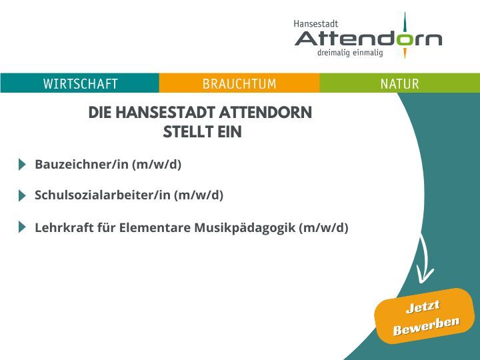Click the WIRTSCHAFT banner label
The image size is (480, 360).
click(81, 83)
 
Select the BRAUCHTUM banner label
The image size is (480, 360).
click(239, 83)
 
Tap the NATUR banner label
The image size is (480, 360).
click(399, 83)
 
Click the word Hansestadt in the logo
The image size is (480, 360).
click(315, 23)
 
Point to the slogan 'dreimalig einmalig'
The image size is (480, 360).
click(350, 53)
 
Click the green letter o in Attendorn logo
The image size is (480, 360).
click(405, 39)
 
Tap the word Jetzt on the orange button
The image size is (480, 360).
click(423, 307)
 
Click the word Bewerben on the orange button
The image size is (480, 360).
click(426, 326)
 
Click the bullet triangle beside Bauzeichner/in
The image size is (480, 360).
click(22, 165)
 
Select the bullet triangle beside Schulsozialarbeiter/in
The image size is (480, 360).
click(22, 195)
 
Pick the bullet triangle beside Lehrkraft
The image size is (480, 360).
click(22, 227)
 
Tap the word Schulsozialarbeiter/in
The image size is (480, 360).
click(103, 195)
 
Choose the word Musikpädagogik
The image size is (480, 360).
click(245, 228)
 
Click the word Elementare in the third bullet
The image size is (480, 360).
click(155, 228)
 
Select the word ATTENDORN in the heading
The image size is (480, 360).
click(266, 113)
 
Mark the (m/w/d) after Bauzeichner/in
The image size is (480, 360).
click(157, 165)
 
